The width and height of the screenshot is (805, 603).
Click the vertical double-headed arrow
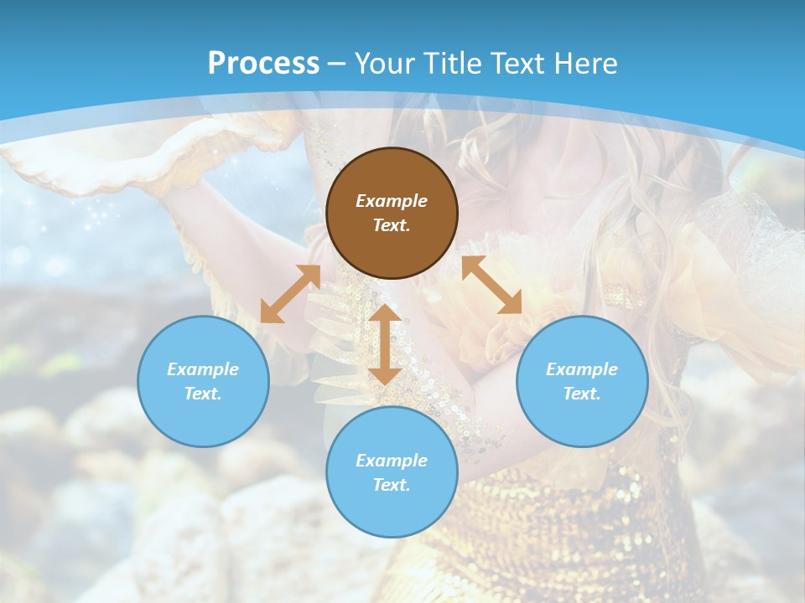click(385, 344)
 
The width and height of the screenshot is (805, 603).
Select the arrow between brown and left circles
click(290, 294)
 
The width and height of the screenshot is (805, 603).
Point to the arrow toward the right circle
click(491, 285)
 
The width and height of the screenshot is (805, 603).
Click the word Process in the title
click(263, 64)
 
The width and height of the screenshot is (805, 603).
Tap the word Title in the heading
click(453, 64)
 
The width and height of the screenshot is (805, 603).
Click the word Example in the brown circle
click(392, 201)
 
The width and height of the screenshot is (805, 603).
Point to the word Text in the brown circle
click(391, 225)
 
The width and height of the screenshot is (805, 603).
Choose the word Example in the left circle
click(203, 369)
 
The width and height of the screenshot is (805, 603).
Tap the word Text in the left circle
click(203, 394)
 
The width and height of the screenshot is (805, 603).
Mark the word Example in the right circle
click(582, 369)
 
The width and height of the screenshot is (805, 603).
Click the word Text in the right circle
click(581, 394)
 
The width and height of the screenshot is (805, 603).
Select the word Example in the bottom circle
click(392, 461)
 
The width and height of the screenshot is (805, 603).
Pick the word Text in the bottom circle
click(391, 485)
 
